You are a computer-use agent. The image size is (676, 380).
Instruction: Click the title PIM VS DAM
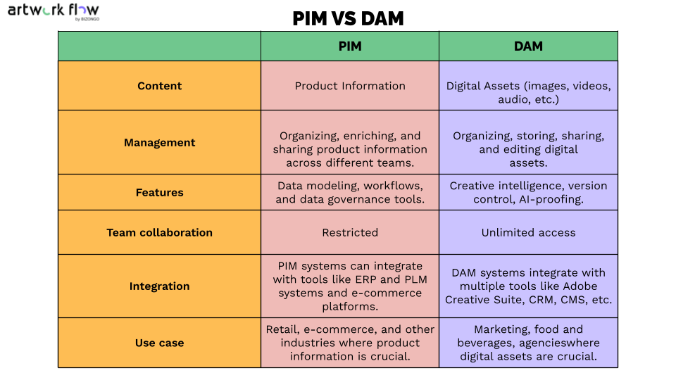[348, 18]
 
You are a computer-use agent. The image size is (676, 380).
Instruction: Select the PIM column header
[349, 46]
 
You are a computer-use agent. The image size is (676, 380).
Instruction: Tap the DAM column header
[528, 46]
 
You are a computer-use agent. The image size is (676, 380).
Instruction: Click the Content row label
[159, 86]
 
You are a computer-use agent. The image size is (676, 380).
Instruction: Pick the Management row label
[159, 142]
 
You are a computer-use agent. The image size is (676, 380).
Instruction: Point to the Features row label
[159, 192]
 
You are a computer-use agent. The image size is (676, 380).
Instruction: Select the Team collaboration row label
[159, 232]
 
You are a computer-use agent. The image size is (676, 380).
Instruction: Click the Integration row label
[159, 286]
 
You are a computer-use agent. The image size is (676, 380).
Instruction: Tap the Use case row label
[159, 343]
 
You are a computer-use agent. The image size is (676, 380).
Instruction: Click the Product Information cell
[350, 86]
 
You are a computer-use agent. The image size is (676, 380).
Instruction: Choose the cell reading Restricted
[350, 232]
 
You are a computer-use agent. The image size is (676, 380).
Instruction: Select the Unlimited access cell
[528, 232]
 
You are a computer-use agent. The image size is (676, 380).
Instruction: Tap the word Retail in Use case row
[282, 329]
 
